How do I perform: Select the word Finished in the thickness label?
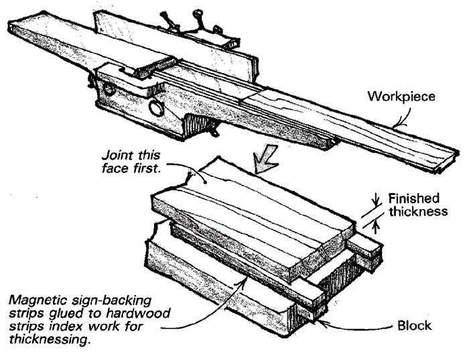click(415, 198)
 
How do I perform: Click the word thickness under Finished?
click(420, 211)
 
